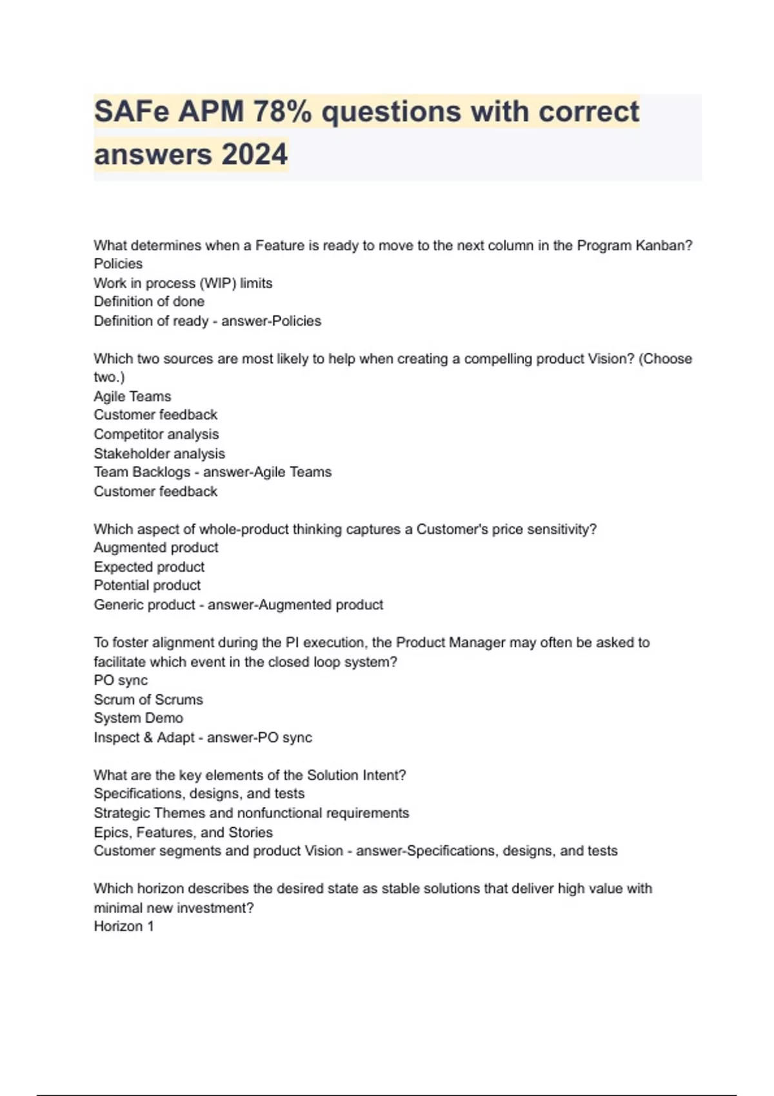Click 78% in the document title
pyautogui.click(x=282, y=112)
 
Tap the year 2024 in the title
pyautogui.click(x=254, y=155)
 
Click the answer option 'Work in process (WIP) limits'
pyautogui.click(x=183, y=283)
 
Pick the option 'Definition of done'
pyautogui.click(x=149, y=302)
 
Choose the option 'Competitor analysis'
pyautogui.click(x=156, y=434)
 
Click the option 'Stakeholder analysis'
pyautogui.click(x=159, y=453)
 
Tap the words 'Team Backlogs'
pyautogui.click(x=142, y=472)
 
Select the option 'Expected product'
pyautogui.click(x=149, y=567)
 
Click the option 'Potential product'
pyautogui.click(x=147, y=585)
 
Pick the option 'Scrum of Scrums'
pyautogui.click(x=148, y=700)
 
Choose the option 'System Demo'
pyautogui.click(x=138, y=718)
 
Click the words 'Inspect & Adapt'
pyautogui.click(x=144, y=738)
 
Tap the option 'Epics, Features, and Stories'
pyautogui.click(x=183, y=832)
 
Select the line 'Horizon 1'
pyautogui.click(x=124, y=926)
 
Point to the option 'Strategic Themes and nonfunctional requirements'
pyautogui.click(x=252, y=813)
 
